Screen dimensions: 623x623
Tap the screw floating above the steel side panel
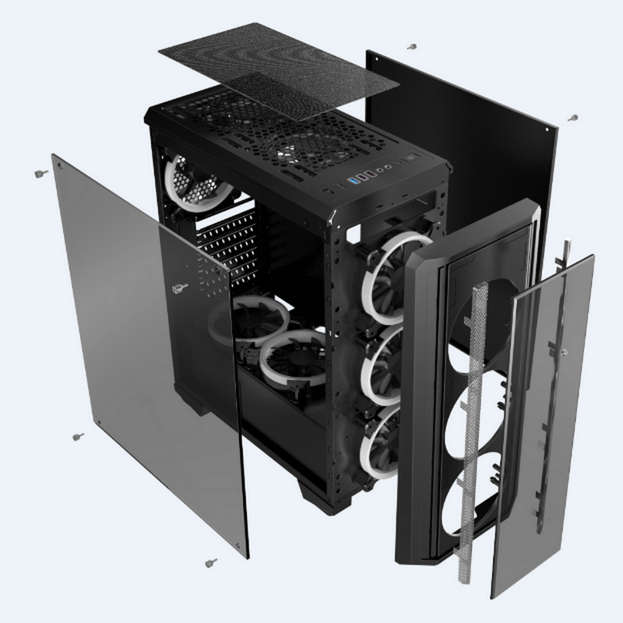pos(411,47)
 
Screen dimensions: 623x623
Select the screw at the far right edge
pos(573,117)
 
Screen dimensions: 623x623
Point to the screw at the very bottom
pos(211,563)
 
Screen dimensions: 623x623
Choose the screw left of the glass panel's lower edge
pos(78,437)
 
